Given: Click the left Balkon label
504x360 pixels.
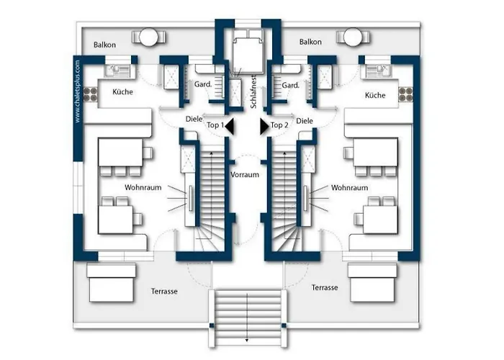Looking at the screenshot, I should click(x=106, y=45).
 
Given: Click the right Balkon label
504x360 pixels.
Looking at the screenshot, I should click(x=310, y=42).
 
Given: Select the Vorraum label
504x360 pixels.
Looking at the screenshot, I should click(x=245, y=175).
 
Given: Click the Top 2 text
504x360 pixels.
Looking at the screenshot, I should click(x=279, y=125).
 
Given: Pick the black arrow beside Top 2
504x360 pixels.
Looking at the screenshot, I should click(x=264, y=126).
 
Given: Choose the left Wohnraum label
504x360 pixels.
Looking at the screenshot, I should click(x=141, y=187).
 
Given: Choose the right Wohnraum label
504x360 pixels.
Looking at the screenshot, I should click(x=349, y=187).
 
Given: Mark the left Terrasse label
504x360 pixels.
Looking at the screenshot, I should click(x=165, y=292).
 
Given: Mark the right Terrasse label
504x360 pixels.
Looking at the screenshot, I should click(x=325, y=287).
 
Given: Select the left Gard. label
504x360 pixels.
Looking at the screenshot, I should click(x=202, y=85).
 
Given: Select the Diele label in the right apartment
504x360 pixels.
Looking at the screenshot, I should click(x=305, y=120).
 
